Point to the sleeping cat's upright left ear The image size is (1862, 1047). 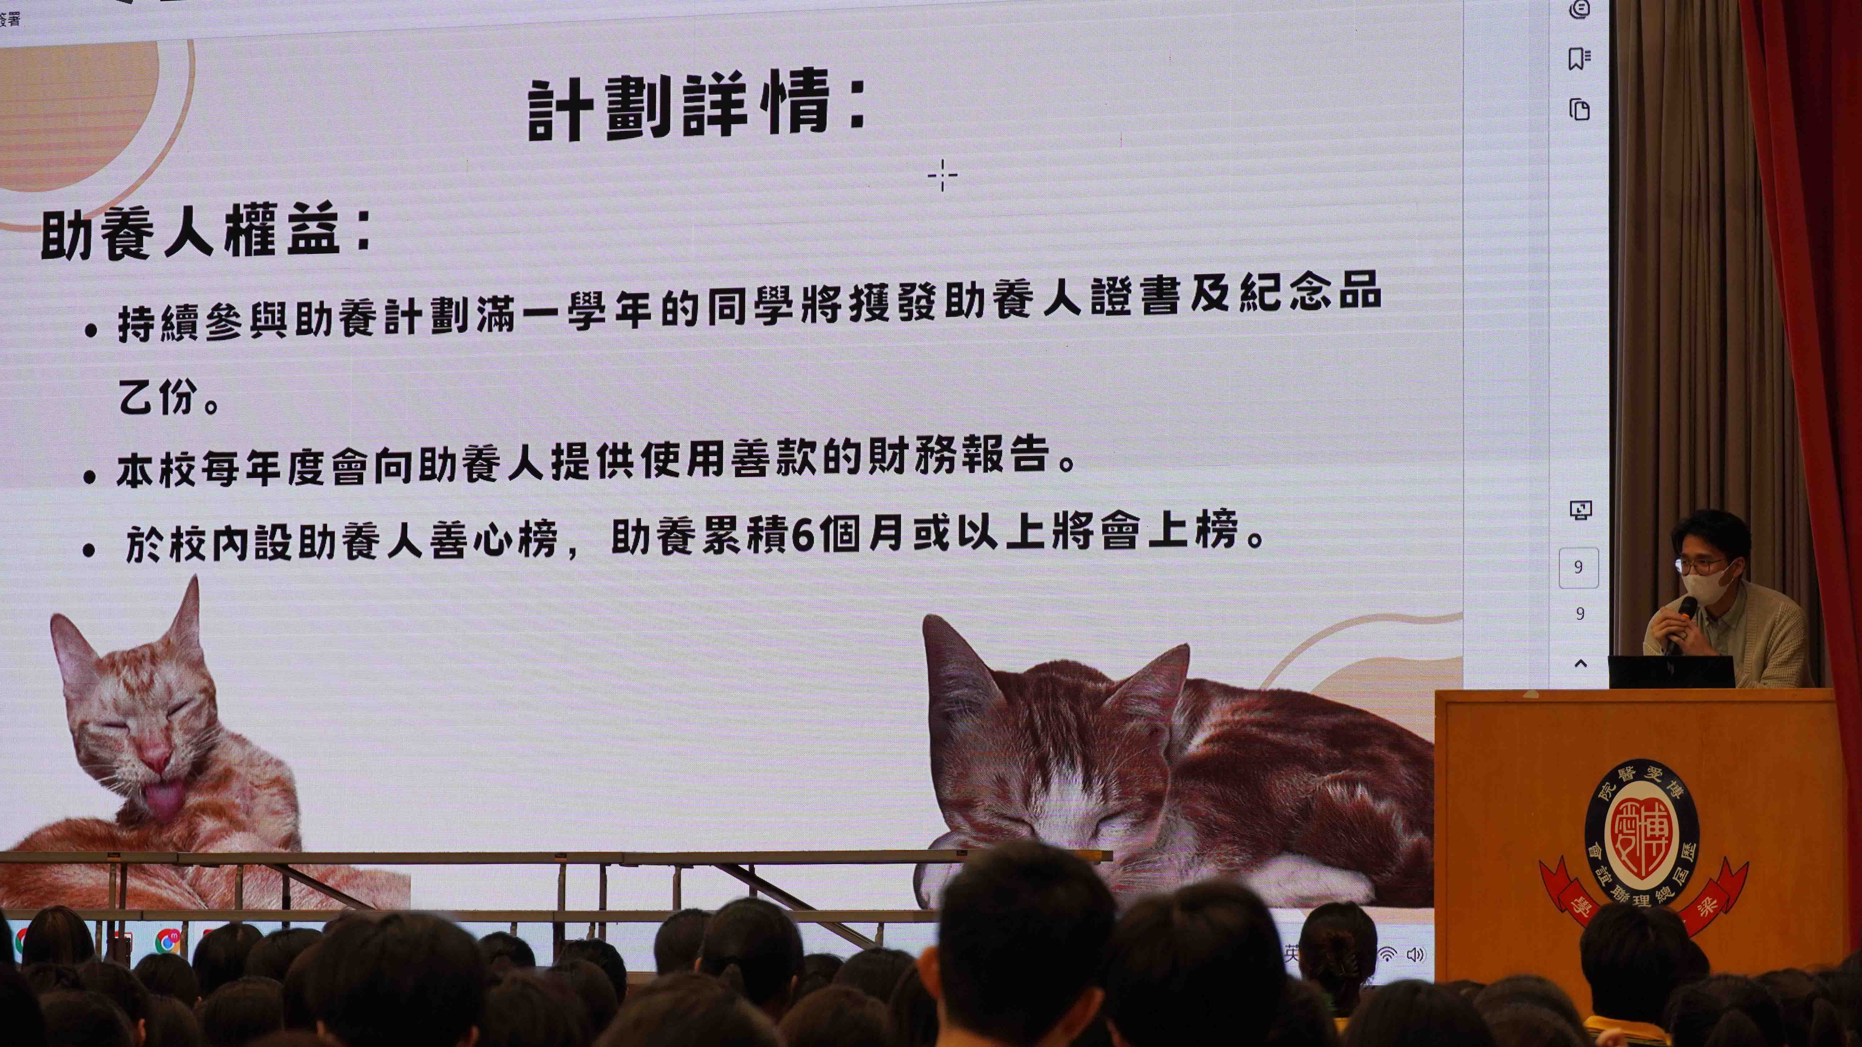tap(953, 661)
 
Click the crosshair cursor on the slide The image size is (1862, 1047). tap(942, 175)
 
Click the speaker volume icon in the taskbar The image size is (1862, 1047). tap(1414, 955)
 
